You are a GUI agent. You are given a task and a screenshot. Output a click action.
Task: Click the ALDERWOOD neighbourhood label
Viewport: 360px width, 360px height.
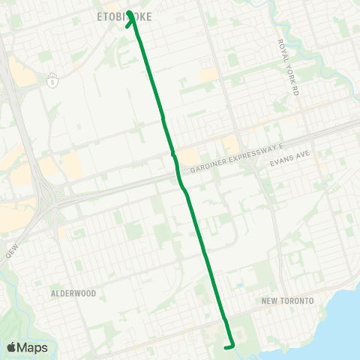(73, 293)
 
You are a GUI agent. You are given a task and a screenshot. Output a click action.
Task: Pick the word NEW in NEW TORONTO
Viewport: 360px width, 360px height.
(270, 301)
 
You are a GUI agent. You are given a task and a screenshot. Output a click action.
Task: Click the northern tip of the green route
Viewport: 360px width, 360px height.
(130, 12)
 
